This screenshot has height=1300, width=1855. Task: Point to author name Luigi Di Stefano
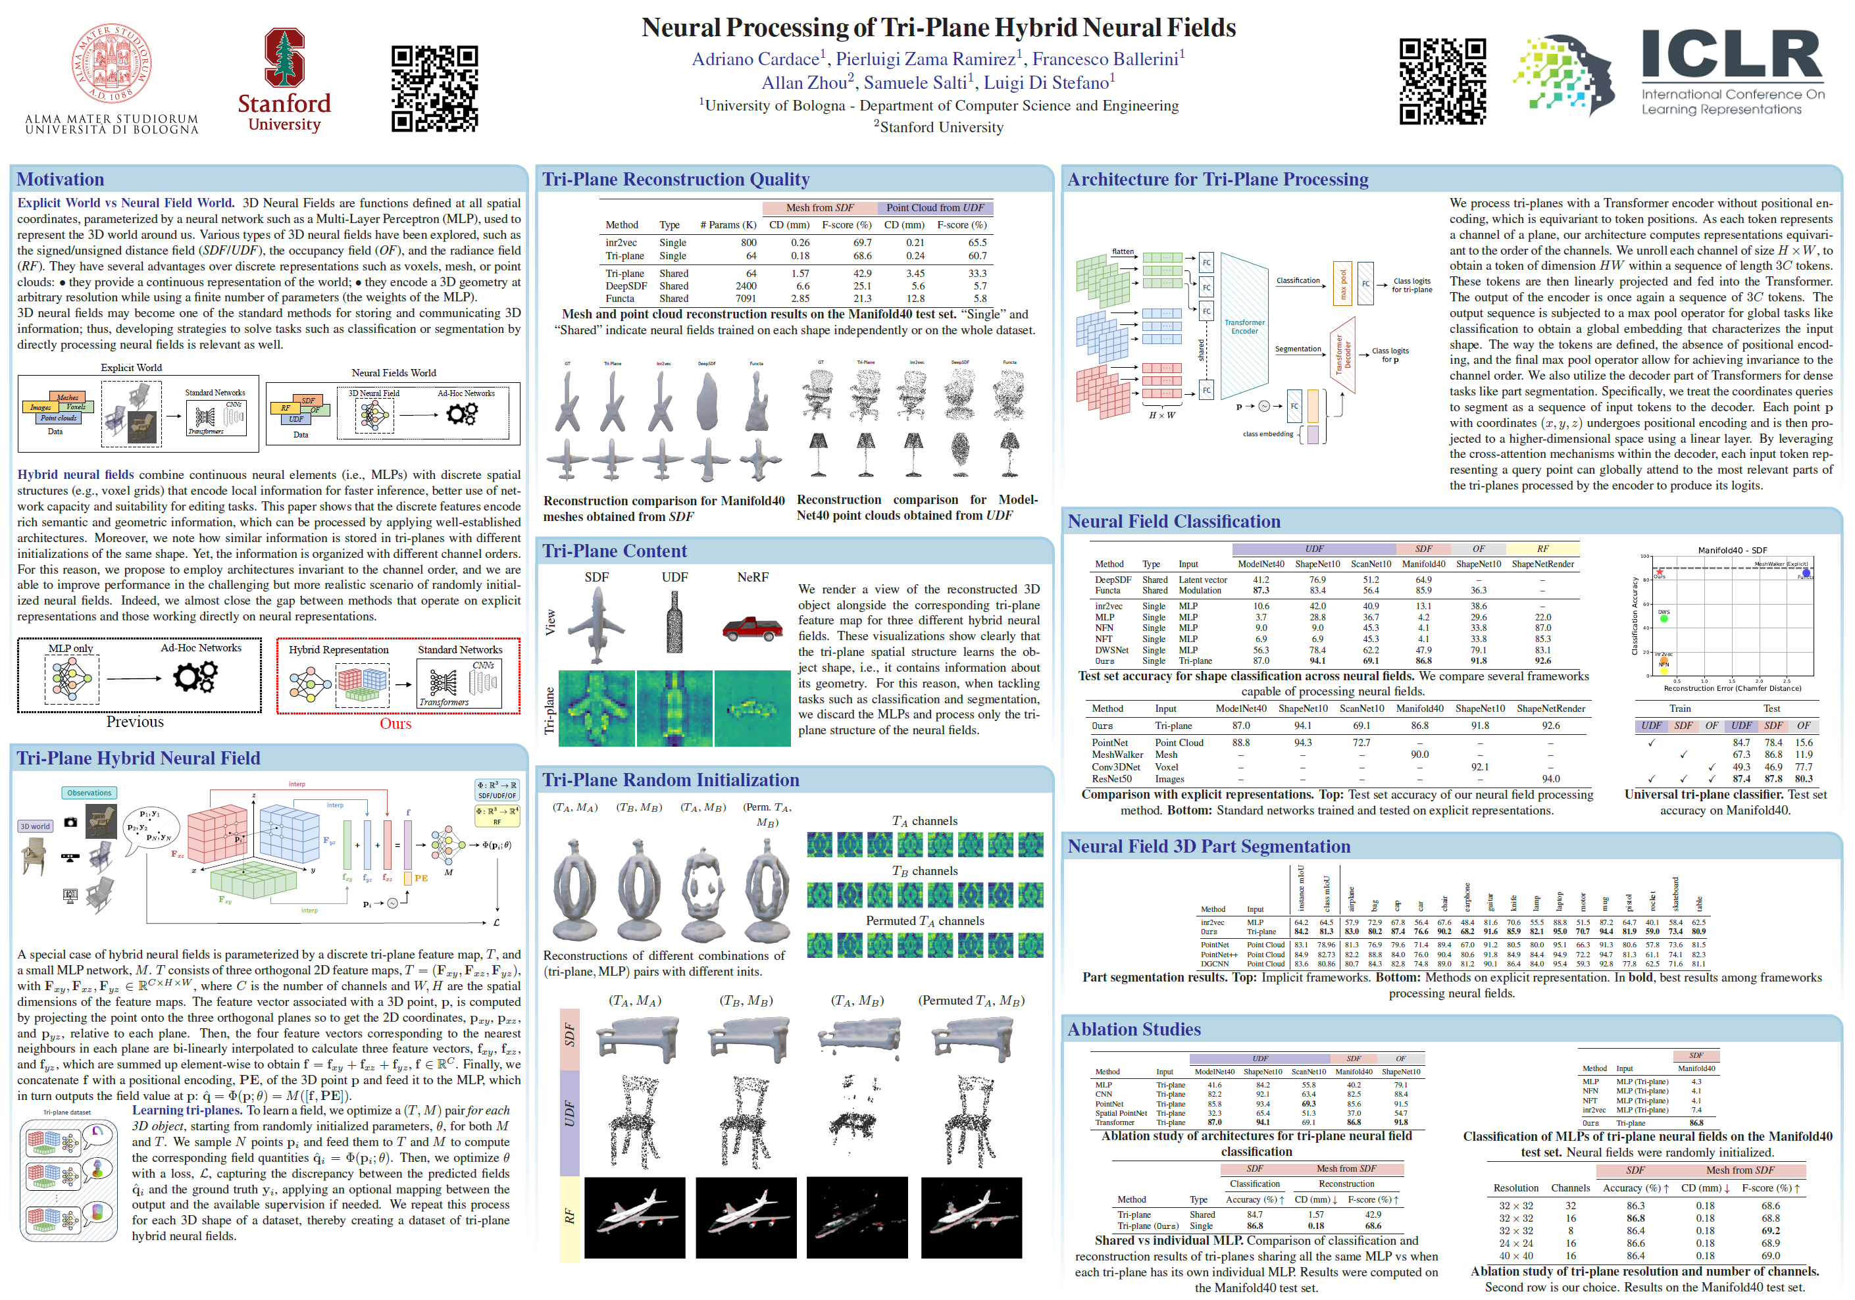1048,82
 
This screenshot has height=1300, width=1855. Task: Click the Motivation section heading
61,180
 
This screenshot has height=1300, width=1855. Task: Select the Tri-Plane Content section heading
614,551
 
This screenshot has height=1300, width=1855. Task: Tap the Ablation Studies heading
1134,1028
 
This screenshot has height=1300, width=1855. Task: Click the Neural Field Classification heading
1173,521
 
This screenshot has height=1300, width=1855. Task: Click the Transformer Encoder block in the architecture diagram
1244,326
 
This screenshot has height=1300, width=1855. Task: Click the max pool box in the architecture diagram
1342,284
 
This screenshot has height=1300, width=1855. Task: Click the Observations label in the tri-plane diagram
89,793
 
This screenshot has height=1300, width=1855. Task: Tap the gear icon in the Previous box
195,676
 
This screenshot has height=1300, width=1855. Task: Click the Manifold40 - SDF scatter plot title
1731,550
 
